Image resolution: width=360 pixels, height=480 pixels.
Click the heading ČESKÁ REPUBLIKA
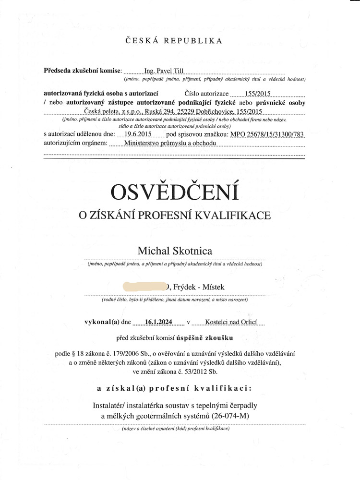pyautogui.click(x=174, y=41)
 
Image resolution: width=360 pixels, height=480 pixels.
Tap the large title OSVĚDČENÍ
pyautogui.click(x=175, y=192)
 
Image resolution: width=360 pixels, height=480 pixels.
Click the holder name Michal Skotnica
pyautogui.click(x=175, y=251)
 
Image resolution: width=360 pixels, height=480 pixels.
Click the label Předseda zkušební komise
pyautogui.click(x=83, y=71)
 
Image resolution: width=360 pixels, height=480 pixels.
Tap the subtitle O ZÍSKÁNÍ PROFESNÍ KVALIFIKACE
pyautogui.click(x=175, y=216)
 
